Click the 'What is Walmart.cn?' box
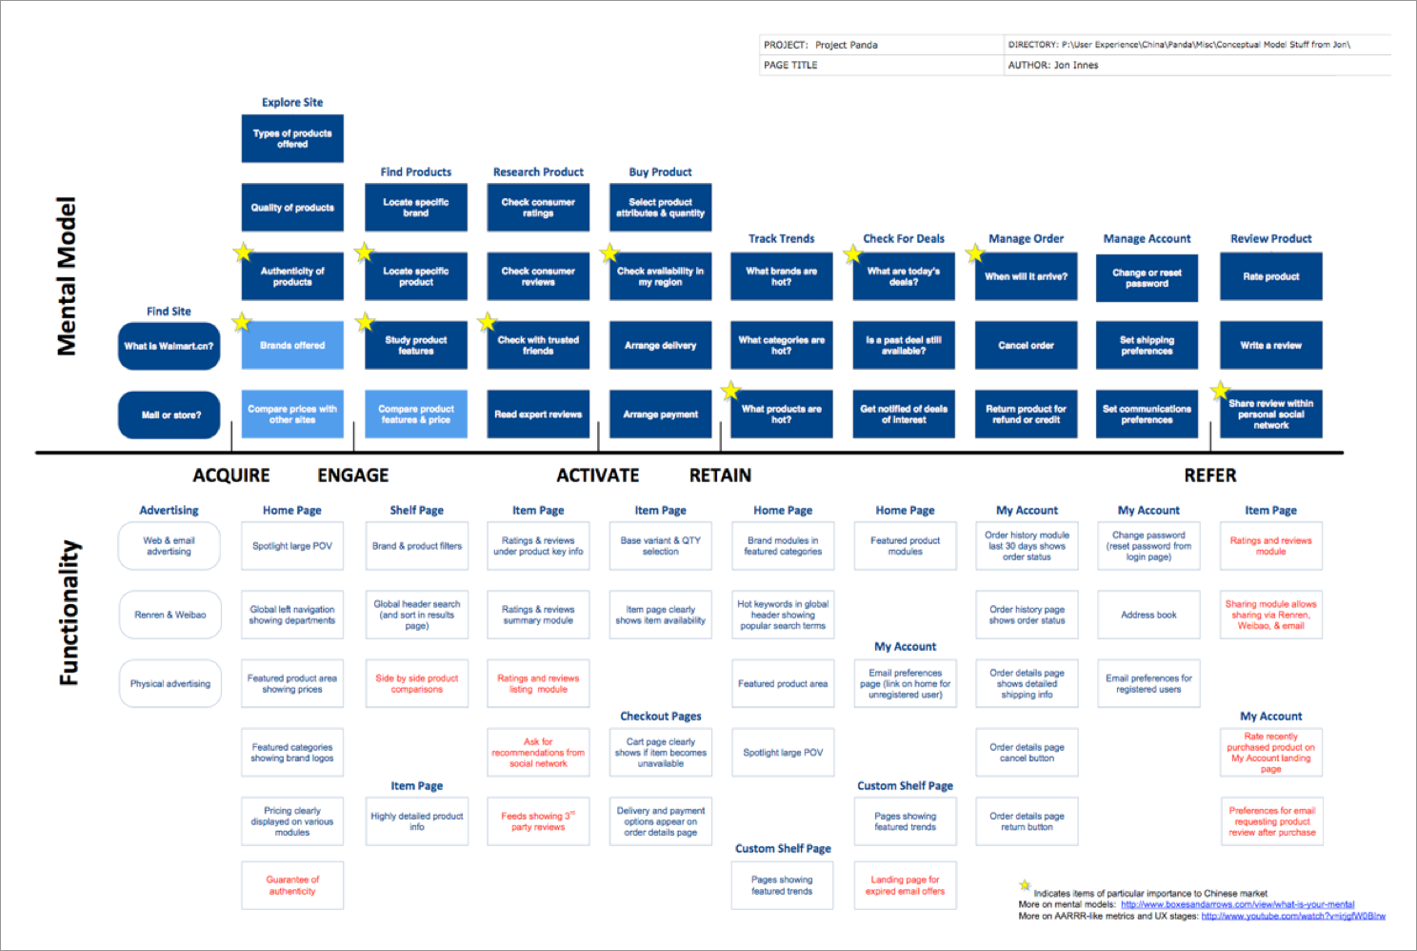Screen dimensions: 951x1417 point(169,346)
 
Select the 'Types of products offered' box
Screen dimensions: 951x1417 point(292,139)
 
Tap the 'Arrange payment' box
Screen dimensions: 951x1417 point(660,415)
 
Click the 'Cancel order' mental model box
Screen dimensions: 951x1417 point(1026,346)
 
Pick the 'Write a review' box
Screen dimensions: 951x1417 point(1270,346)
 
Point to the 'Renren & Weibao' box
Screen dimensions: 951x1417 point(170,615)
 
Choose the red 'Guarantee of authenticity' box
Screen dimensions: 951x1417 point(292,886)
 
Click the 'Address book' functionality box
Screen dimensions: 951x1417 point(1148,615)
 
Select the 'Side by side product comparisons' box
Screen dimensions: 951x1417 point(416,684)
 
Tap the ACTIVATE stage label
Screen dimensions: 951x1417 point(597,475)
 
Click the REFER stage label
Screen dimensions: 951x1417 point(1209,475)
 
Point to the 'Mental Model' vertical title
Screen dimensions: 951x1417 point(66,276)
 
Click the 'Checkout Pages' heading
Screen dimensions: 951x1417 point(660,717)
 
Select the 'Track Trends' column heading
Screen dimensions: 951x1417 point(781,239)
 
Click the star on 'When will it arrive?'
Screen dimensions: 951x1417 point(974,254)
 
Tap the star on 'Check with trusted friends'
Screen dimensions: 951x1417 point(488,322)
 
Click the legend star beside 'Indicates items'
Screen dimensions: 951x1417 point(1025,885)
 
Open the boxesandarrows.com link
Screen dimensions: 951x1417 point(1237,904)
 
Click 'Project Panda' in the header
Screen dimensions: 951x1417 point(846,45)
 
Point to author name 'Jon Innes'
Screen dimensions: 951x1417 point(1076,66)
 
